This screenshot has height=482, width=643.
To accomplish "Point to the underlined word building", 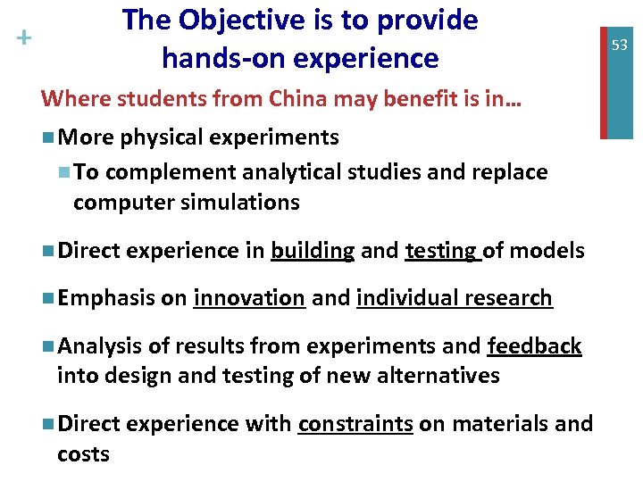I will [313, 252].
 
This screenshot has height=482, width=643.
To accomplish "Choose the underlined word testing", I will [442, 252].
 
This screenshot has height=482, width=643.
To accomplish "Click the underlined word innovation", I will [249, 298].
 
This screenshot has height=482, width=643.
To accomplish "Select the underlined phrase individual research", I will [454, 298].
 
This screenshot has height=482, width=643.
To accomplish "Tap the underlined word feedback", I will [534, 346].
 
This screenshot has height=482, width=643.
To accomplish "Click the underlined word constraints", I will [355, 423].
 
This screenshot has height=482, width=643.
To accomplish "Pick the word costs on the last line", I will [83, 453].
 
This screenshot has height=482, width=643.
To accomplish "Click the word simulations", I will [244, 203].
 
